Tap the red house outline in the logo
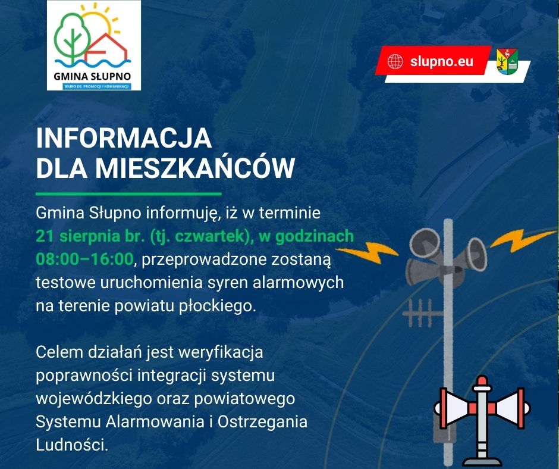[106, 48]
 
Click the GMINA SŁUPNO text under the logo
[92, 76]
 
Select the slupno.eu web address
[441, 61]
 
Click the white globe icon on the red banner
[395, 61]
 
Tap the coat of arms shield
[507, 61]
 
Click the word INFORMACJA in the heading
[124, 138]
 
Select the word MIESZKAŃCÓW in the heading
[194, 167]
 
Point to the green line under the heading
[128, 194]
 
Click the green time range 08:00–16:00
[84, 259]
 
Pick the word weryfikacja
[221, 352]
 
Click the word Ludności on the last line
[71, 445]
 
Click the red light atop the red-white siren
[482, 380]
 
